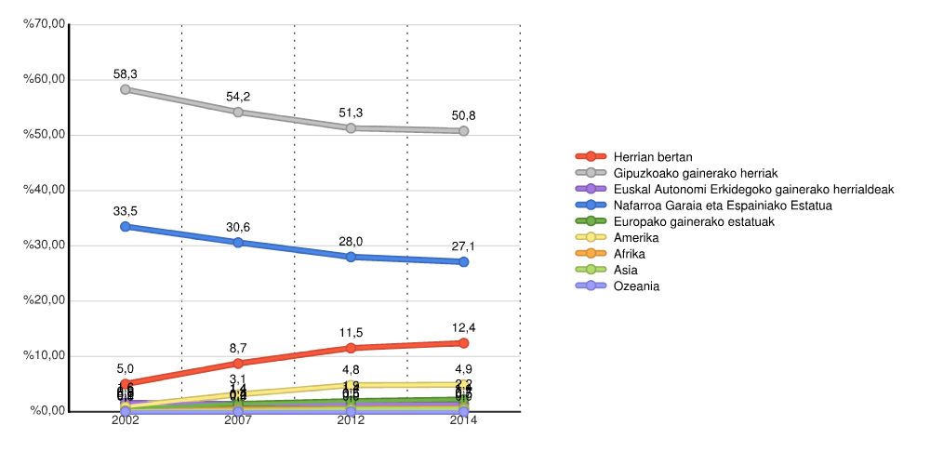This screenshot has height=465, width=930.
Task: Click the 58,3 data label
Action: [x=126, y=73]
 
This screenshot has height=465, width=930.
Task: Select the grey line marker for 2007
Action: [x=238, y=112]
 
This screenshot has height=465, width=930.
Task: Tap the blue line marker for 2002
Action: [x=126, y=226]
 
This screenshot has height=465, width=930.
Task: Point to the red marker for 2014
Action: [x=463, y=342]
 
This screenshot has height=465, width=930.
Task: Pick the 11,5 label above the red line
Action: [x=351, y=332]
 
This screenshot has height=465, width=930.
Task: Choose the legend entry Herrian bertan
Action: [x=653, y=156]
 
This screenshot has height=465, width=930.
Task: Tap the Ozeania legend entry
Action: [x=637, y=286]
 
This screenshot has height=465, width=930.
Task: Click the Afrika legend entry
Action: [x=630, y=254]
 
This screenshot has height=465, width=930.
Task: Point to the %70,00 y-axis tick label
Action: [x=46, y=25]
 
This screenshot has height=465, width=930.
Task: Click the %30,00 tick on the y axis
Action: [x=46, y=246]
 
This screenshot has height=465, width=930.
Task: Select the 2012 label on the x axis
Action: [x=351, y=421]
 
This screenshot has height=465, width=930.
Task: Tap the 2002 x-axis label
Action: [x=126, y=421]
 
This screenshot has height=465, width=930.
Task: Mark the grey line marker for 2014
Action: [x=463, y=131]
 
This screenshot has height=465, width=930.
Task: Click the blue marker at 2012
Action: [x=351, y=257]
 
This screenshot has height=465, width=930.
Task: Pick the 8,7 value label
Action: [x=238, y=348]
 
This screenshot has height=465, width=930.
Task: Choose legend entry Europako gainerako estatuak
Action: [x=694, y=221]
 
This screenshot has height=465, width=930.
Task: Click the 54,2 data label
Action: [x=238, y=97]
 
